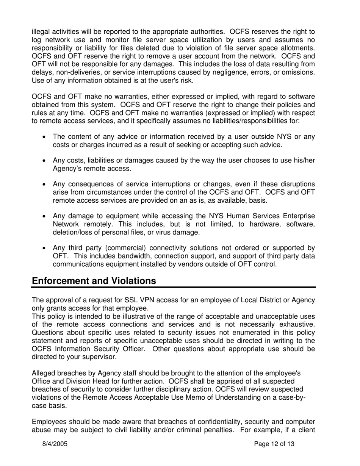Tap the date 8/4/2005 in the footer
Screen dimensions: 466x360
pyautogui.click(x=55, y=444)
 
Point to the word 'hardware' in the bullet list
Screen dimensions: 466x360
pyautogui.click(x=268, y=224)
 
